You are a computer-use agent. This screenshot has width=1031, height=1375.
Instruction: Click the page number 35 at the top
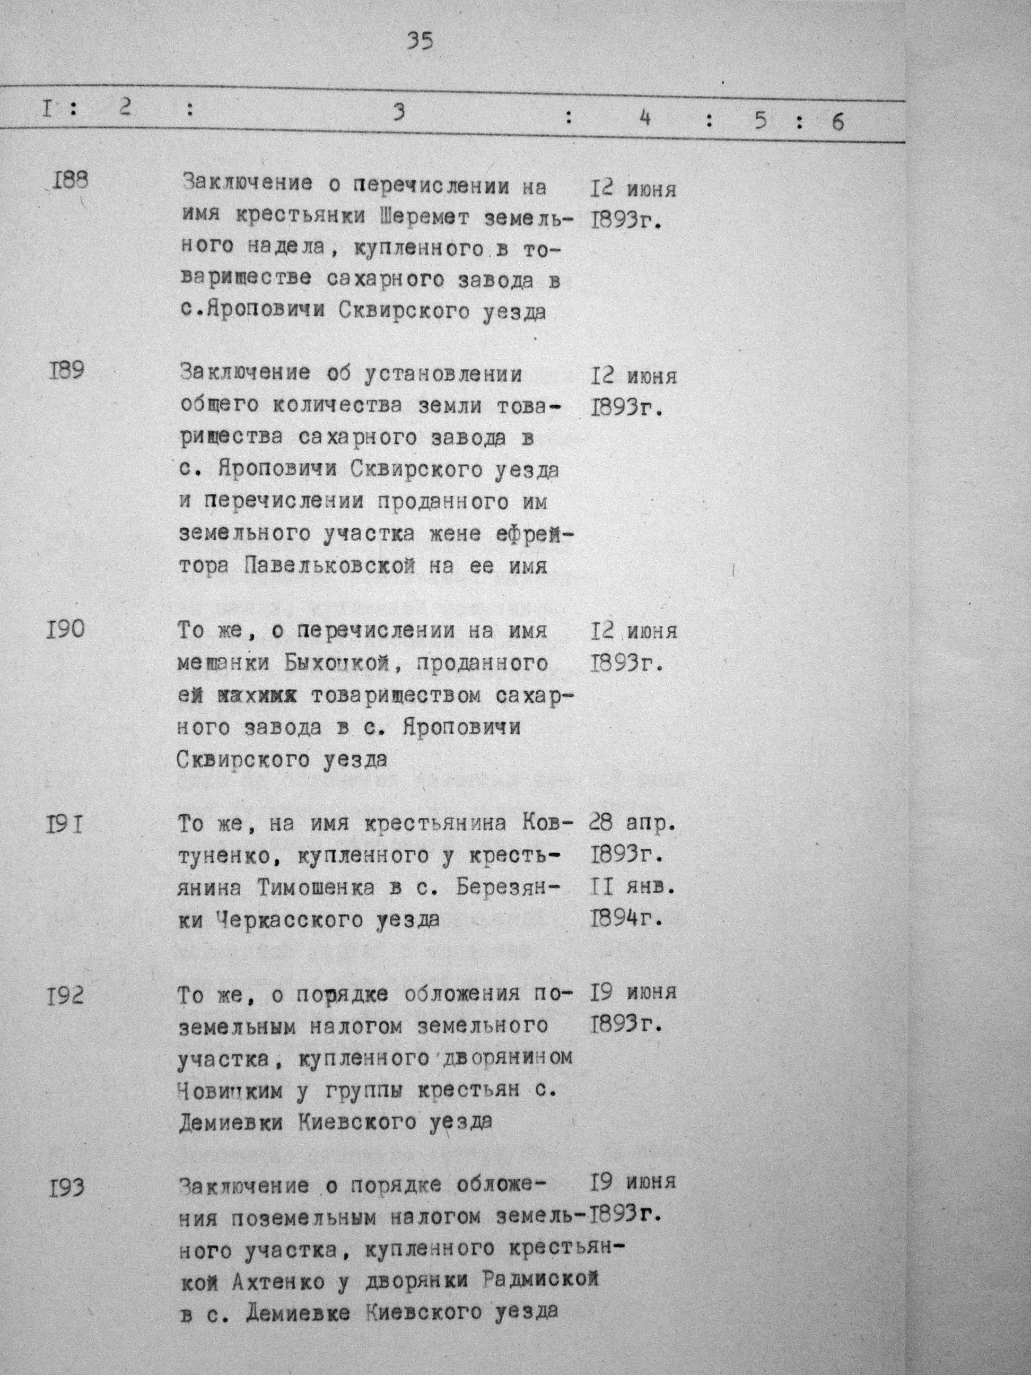coord(420,42)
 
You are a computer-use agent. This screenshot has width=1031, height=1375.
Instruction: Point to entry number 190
coord(65,630)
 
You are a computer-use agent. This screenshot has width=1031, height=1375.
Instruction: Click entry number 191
coord(65,825)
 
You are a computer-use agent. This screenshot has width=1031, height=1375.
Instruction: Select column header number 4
coord(645,117)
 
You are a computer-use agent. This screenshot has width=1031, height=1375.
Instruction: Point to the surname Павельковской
coord(328,567)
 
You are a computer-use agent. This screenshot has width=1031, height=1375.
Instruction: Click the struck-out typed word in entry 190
coord(256,696)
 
